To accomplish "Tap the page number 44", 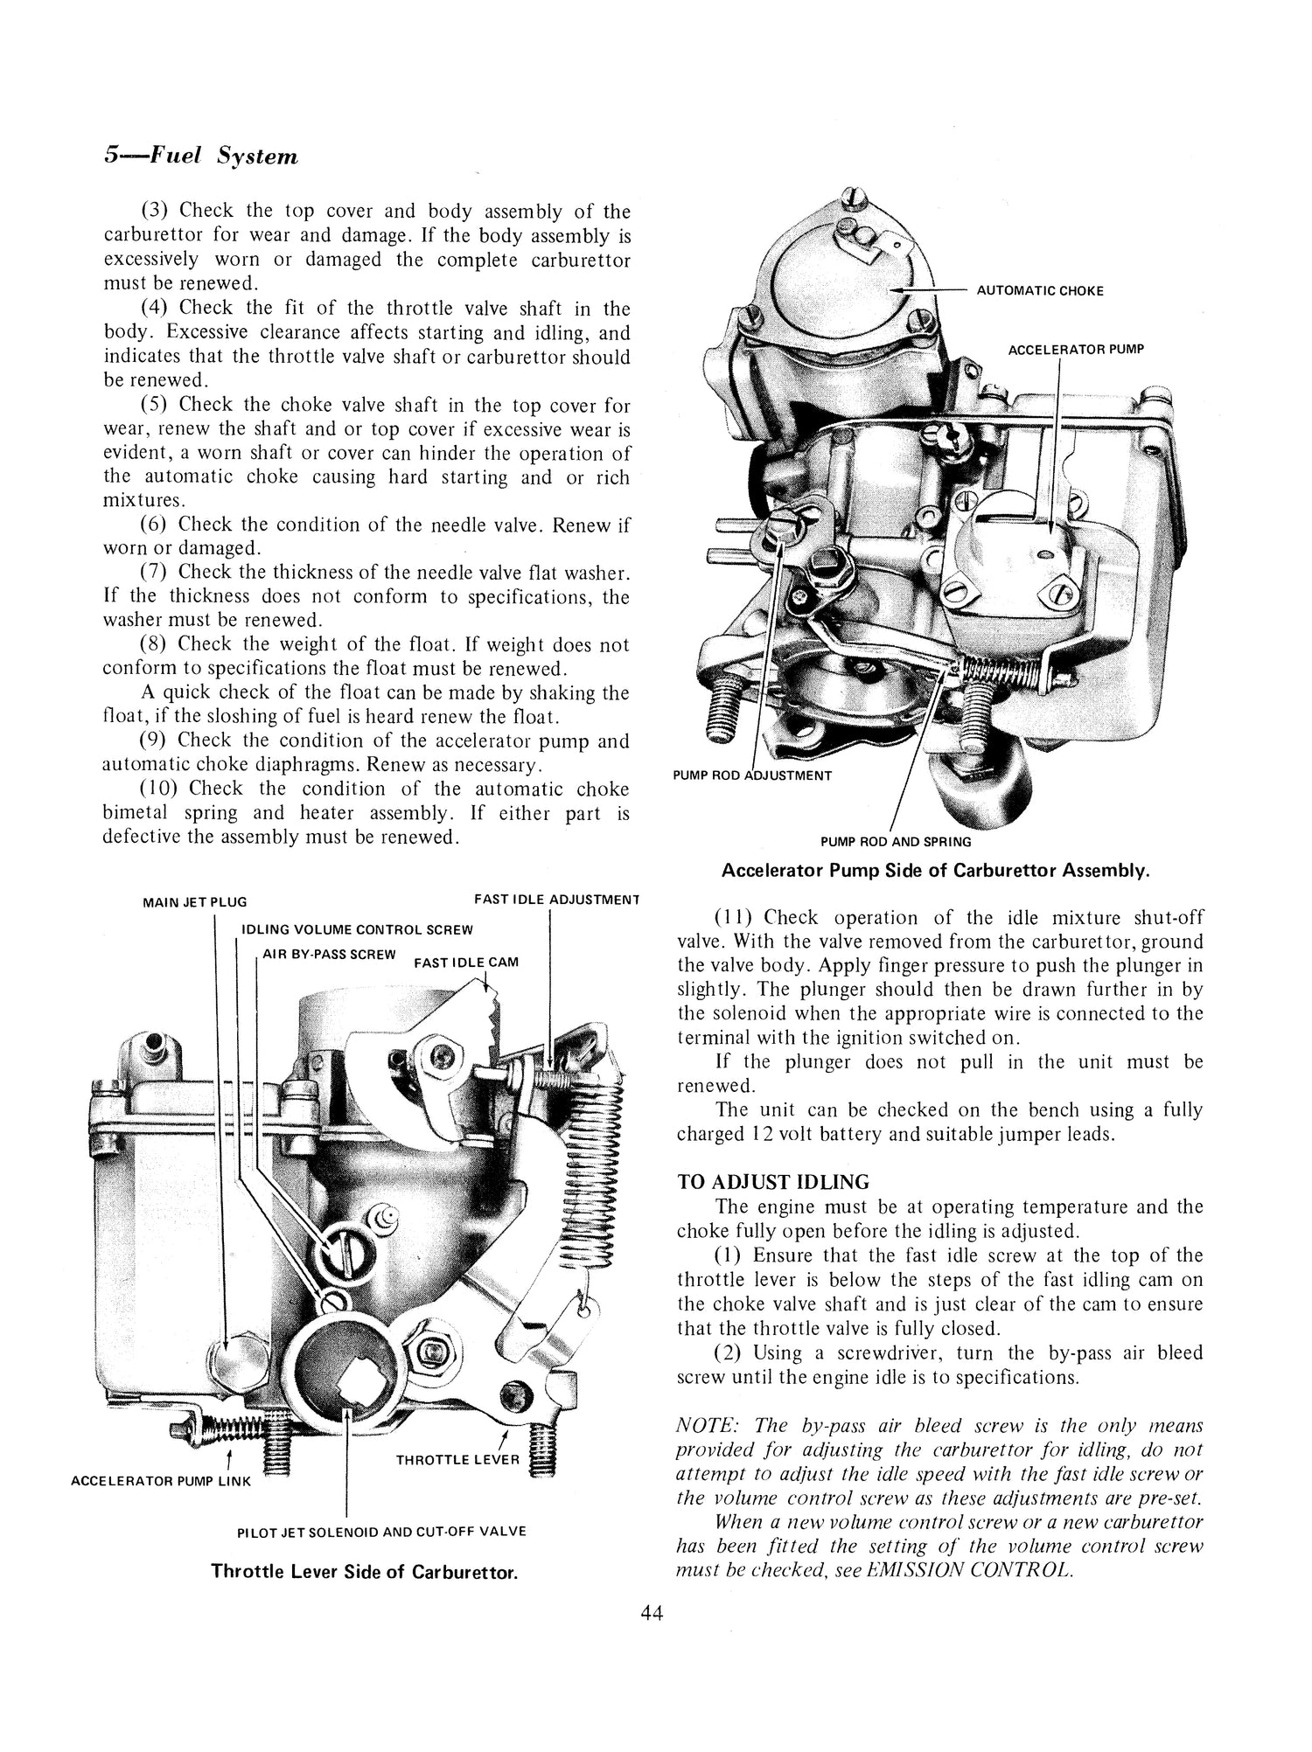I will (x=652, y=1614).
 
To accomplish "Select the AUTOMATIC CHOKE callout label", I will (x=1039, y=291).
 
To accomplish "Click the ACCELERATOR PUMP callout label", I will (x=1075, y=350).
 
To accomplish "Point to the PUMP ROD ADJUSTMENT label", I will (x=752, y=775).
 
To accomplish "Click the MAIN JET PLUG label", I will (x=194, y=902).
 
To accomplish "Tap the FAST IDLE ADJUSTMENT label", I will (x=556, y=899).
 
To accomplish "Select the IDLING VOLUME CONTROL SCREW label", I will (x=357, y=929).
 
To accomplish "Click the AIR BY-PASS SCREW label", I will (x=329, y=954).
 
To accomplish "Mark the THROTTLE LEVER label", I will (x=457, y=1460).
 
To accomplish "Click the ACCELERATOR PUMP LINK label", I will (x=160, y=1481).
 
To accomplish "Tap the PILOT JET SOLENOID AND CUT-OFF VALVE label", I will (x=381, y=1532).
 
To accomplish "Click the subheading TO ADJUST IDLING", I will (x=773, y=1183).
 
